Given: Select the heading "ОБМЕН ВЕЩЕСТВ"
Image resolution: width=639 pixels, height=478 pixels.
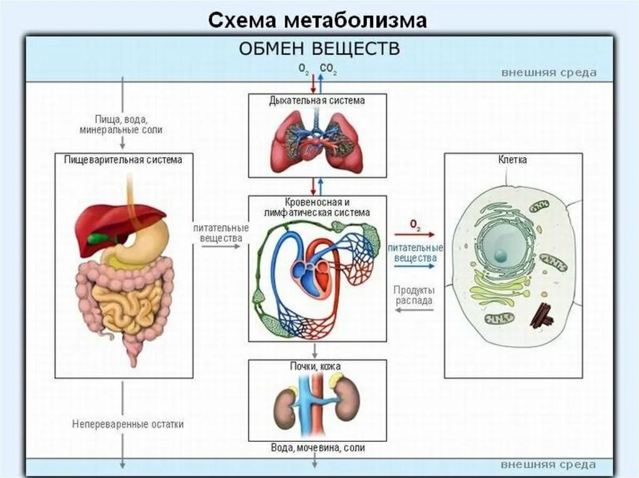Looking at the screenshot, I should [320, 49].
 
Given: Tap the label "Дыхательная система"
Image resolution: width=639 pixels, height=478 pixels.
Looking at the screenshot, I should [317, 100].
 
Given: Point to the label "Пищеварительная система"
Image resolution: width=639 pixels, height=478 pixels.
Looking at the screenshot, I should [124, 160].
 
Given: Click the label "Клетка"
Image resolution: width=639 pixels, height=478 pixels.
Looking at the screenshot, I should [513, 160].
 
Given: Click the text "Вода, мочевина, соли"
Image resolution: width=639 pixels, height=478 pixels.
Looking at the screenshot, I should [318, 447].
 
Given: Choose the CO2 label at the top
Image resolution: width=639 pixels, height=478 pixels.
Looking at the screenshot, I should [328, 69].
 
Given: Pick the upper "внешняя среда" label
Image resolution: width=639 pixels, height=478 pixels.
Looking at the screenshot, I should [549, 72].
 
